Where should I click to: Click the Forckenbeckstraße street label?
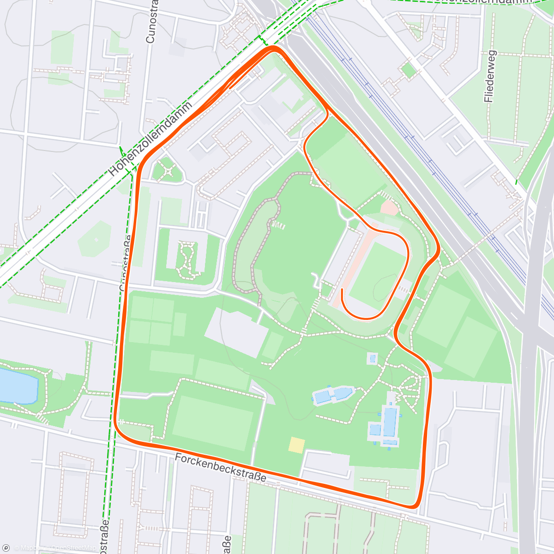tap(221, 468)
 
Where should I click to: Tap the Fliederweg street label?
tap(490, 76)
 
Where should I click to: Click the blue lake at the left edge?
tap(17, 385)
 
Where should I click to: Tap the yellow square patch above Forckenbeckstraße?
tap(296, 445)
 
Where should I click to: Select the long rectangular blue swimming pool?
tap(390, 422)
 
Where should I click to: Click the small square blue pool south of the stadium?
tap(373, 358)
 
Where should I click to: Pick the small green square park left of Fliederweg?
tap(408, 71)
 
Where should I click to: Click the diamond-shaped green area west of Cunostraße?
tap(96, 239)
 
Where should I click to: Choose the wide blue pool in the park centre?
tap(333, 395)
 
